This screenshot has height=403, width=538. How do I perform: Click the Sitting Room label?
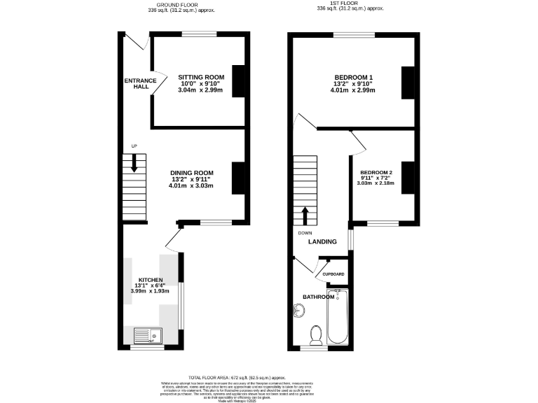coord(200,77)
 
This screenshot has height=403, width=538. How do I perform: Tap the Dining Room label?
coord(191,173)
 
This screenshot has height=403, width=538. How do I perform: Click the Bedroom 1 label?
coord(353,77)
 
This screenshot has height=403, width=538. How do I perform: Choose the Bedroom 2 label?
coord(376,173)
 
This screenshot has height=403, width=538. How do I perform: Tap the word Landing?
coord(322,242)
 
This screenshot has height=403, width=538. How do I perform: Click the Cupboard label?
coord(333,274)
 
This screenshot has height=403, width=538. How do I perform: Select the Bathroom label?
coord(319,297)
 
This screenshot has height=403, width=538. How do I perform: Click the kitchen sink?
coord(146,335)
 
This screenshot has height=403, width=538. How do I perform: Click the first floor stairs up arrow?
coord(305,213)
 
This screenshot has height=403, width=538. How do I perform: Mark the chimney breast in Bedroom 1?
coord(406,83)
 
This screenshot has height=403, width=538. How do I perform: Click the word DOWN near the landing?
coord(305,233)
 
